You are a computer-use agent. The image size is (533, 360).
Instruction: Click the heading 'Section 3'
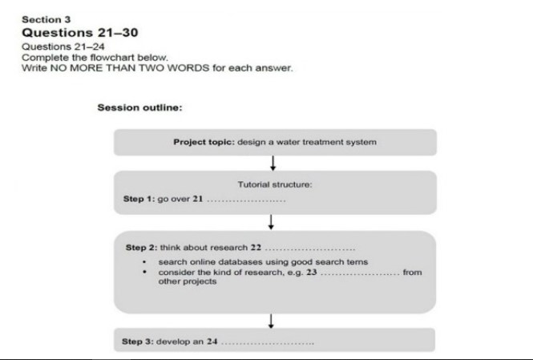click(x=46, y=19)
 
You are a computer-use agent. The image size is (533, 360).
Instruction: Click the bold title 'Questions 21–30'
click(x=80, y=33)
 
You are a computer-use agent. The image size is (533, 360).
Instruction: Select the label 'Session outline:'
click(x=139, y=107)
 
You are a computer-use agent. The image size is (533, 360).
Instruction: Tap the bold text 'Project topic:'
click(x=204, y=142)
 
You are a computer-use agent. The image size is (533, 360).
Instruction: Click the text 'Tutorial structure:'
click(x=275, y=184)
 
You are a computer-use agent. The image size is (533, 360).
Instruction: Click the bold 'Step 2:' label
click(x=141, y=248)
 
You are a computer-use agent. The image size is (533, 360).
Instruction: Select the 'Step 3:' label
click(x=138, y=342)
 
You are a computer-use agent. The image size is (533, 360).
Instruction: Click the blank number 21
click(x=197, y=199)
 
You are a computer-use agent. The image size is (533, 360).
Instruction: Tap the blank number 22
click(x=256, y=248)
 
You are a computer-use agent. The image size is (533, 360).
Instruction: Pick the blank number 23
click(x=311, y=272)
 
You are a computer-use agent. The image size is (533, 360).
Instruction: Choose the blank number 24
click(x=212, y=342)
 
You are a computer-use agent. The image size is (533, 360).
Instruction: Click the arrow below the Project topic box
click(x=273, y=164)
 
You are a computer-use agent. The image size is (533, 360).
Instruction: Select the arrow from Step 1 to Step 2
click(x=271, y=222)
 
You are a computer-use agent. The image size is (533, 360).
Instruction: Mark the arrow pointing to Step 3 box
click(x=271, y=322)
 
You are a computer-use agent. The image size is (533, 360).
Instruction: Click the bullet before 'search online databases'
click(x=144, y=261)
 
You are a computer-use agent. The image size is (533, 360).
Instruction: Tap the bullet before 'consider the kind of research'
click(x=144, y=272)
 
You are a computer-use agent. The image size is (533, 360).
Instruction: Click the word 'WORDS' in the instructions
click(x=188, y=68)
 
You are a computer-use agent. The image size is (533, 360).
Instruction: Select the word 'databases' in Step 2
click(x=240, y=262)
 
